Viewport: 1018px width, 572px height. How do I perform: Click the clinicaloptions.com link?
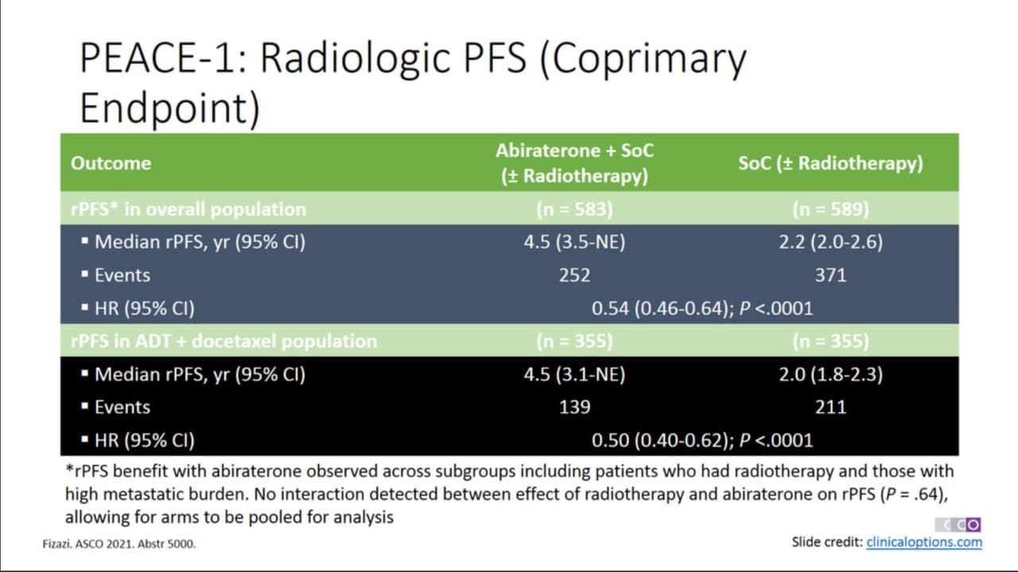924,542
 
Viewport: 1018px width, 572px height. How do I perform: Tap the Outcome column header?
111,163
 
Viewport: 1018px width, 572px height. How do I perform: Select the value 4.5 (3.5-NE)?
574,242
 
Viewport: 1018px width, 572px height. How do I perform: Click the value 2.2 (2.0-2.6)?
831,242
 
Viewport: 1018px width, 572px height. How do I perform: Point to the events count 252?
574,275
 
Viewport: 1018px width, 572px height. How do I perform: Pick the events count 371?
831,275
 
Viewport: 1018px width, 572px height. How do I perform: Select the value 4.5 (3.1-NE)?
574,374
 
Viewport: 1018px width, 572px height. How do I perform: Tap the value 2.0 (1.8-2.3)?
831,374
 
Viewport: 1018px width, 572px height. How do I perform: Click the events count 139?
574,408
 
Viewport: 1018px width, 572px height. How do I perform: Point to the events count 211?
831,408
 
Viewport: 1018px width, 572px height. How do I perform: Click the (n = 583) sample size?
574,209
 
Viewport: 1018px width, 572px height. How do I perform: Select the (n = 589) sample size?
831,209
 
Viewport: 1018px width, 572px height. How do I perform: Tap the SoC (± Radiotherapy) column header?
831,164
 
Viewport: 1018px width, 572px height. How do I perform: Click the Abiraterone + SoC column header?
574,151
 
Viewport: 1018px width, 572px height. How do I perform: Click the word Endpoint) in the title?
170,107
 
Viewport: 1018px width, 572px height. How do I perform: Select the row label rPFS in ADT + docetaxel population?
224,341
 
